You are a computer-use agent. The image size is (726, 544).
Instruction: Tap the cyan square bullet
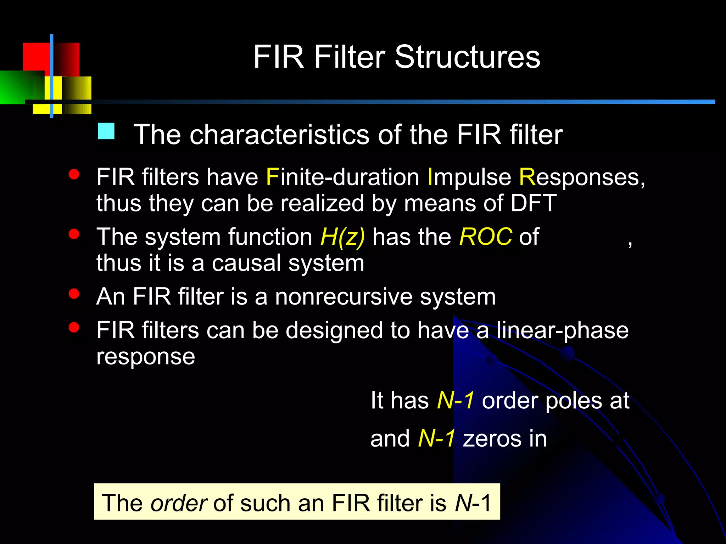coord(106,131)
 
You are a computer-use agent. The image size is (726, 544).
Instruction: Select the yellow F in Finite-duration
coord(272,177)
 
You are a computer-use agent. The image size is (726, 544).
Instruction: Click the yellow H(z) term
coord(342,237)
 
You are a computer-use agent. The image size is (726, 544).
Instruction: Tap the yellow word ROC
coord(485,237)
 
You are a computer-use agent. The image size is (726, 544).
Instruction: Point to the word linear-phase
coord(562,330)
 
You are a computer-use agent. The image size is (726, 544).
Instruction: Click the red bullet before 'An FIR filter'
coord(74,294)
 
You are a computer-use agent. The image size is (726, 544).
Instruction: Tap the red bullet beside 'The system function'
coord(74,234)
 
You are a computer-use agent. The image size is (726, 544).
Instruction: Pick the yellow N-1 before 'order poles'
coord(456,401)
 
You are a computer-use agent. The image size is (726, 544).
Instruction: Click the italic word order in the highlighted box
coord(179,503)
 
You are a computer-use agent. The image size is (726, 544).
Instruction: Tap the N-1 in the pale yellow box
coord(473,503)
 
